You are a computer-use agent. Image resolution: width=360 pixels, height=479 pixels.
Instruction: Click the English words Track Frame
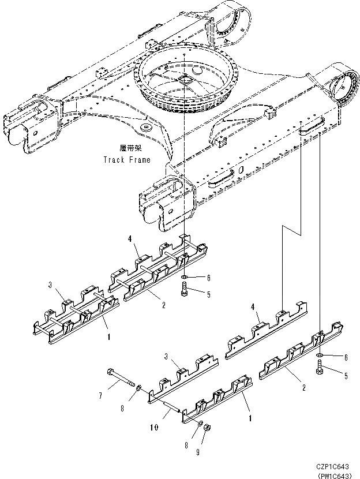(127, 160)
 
